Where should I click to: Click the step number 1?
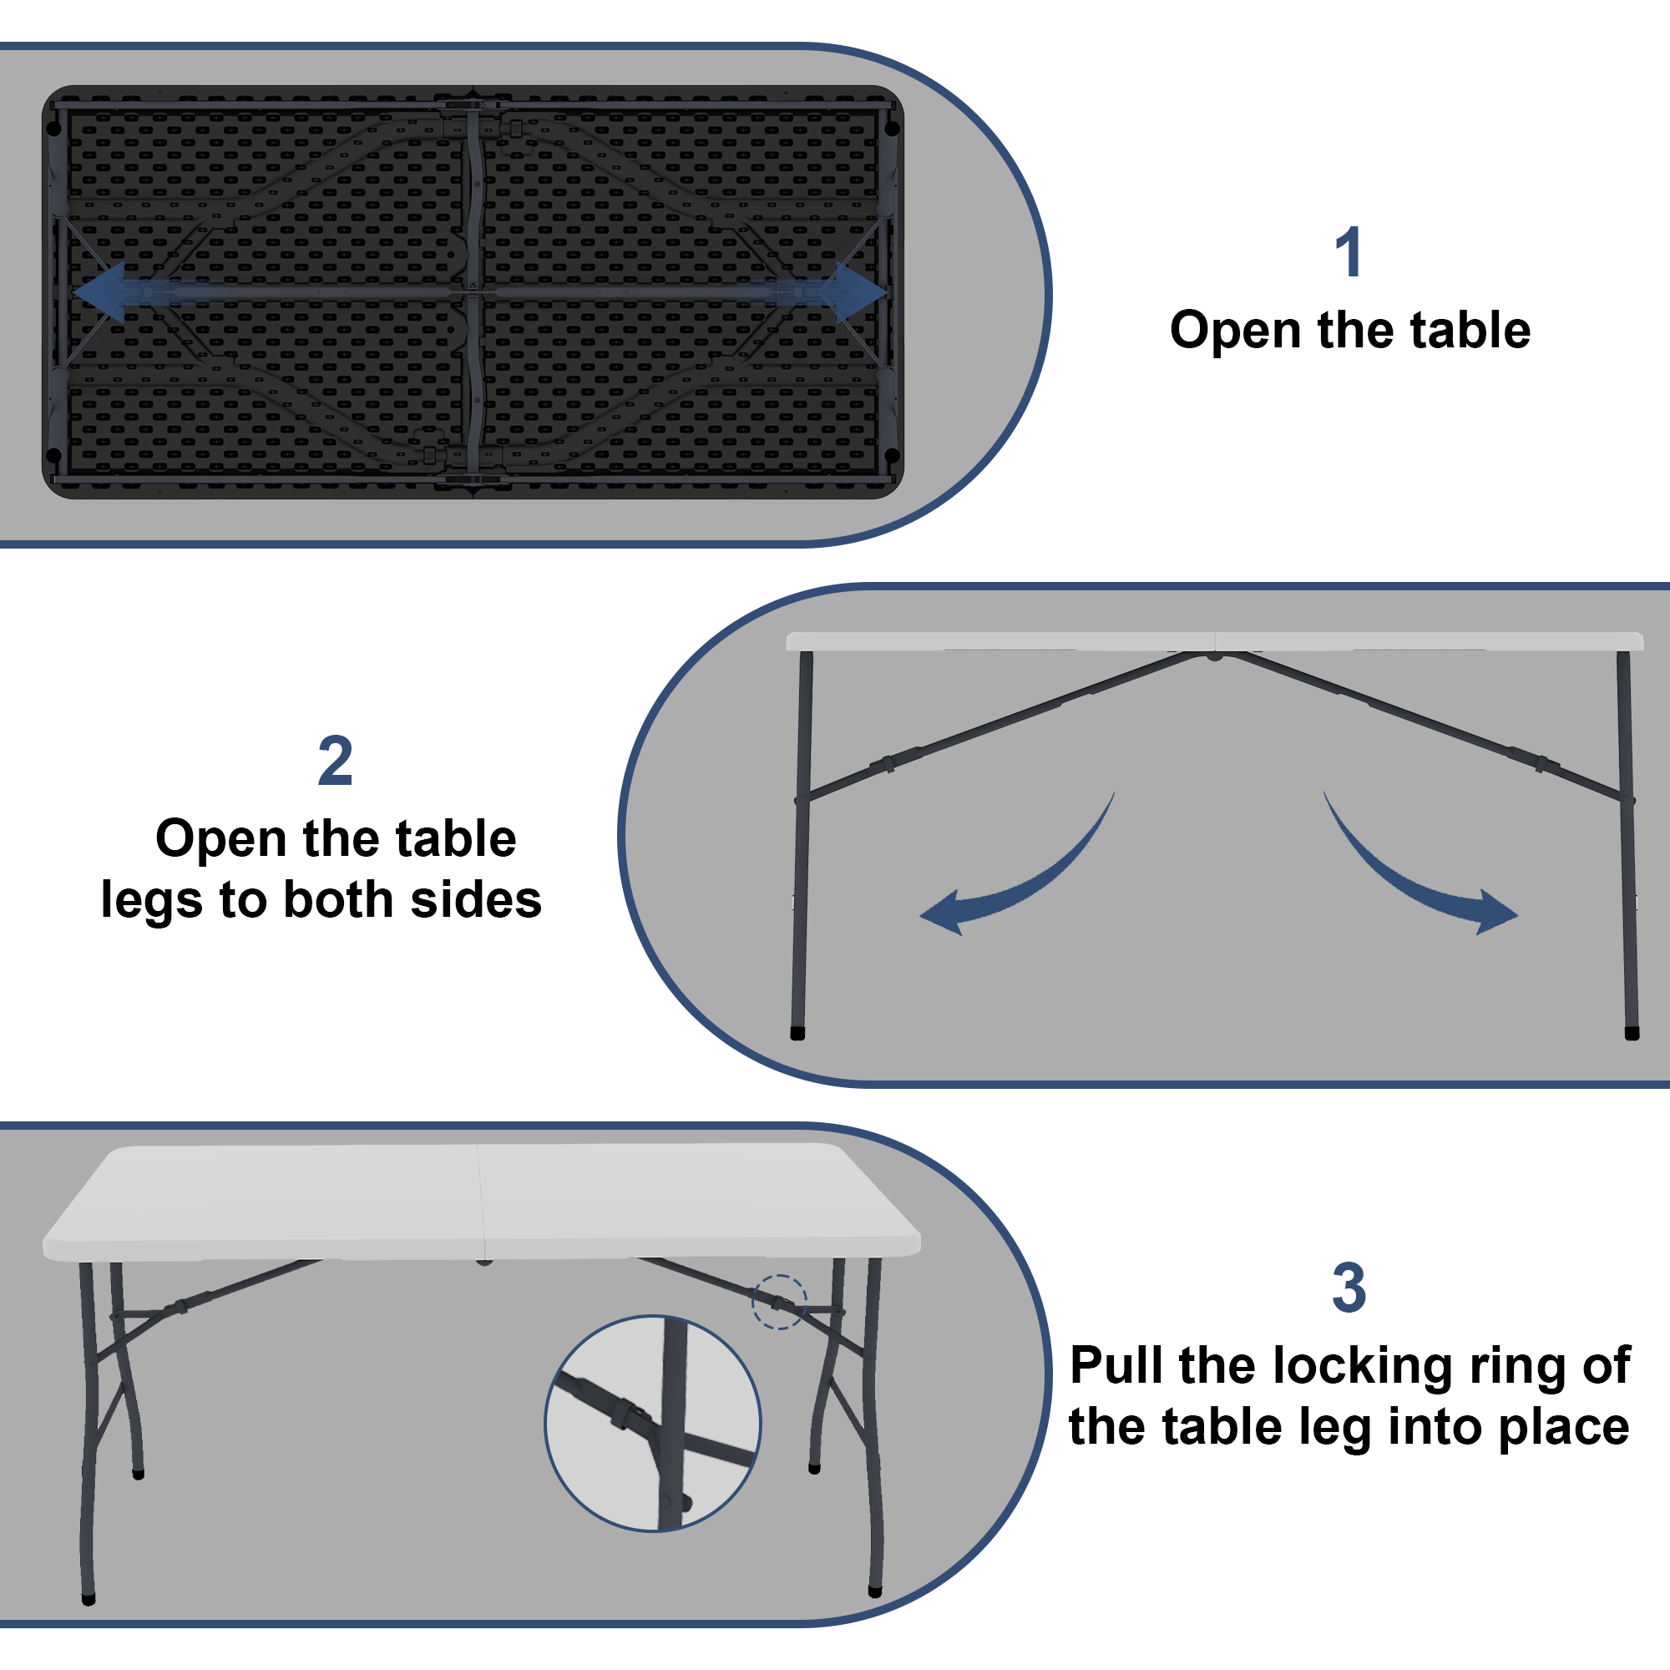click(1349, 252)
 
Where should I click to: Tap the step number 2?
click(336, 761)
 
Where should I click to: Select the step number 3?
click(1349, 1288)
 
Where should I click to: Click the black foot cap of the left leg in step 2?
click(797, 1034)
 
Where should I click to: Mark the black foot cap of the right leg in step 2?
click(1632, 1034)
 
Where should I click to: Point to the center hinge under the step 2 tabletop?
click(1214, 656)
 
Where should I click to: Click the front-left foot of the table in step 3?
click(89, 1600)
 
